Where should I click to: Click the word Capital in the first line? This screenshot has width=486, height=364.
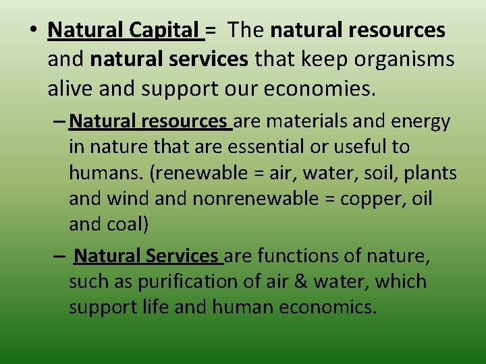(x=164, y=30)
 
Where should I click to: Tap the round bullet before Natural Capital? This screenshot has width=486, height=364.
(x=33, y=30)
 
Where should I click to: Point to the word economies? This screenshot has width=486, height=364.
(x=319, y=88)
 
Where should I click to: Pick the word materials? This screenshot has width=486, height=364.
(x=306, y=121)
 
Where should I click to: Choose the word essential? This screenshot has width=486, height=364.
(x=266, y=147)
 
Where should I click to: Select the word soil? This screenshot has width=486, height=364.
(x=381, y=173)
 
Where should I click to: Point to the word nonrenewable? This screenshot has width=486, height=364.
(x=255, y=198)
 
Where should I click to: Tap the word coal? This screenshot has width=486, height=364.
(x=124, y=224)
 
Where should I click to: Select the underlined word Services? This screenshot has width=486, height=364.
(x=182, y=255)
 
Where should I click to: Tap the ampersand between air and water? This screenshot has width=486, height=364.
(x=300, y=282)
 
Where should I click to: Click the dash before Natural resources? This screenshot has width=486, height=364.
(x=59, y=121)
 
